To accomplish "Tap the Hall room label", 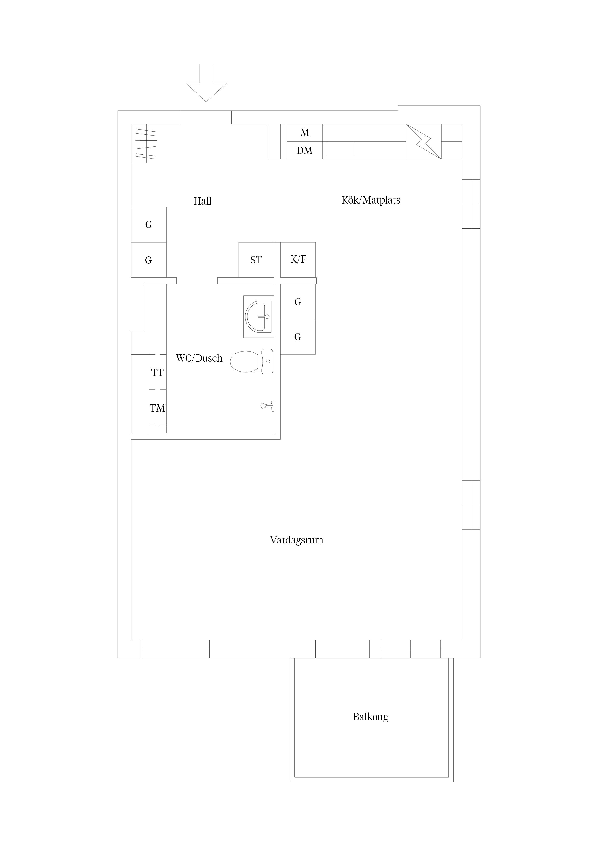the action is click(202, 201).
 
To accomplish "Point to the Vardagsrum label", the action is click(296, 540).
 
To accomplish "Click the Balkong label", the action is click(371, 717).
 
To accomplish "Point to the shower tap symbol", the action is click(267, 405).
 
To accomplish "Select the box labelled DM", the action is click(304, 150).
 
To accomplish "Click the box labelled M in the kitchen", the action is click(304, 133).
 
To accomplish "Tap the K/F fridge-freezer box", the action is click(298, 260).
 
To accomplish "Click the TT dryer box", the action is click(157, 372).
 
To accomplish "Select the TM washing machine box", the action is click(157, 408).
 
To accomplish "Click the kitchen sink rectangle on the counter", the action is click(340, 148).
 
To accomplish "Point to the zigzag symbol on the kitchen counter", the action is click(424, 142).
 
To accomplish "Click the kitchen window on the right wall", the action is click(471, 204).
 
